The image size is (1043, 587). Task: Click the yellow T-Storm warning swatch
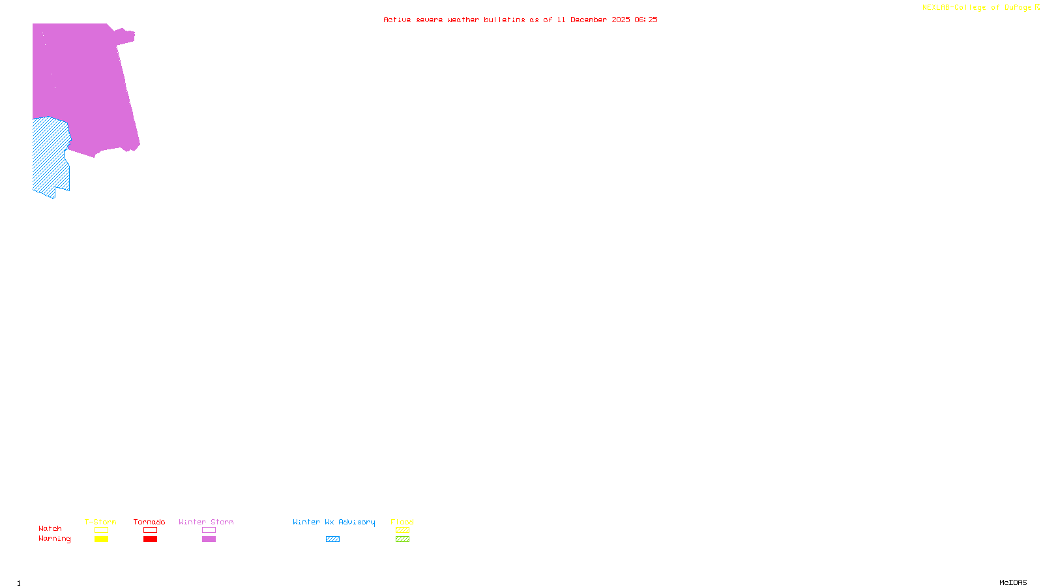tap(101, 539)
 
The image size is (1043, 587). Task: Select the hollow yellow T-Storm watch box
tap(101, 530)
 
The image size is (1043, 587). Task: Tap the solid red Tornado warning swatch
tap(150, 539)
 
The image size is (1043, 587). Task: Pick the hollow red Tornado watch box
tap(150, 530)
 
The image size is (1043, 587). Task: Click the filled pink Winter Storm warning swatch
tap(209, 539)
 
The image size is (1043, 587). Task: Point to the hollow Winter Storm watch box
tap(209, 530)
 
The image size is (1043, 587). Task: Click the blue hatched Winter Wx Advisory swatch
tap(332, 539)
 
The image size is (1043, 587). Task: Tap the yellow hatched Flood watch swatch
tap(402, 530)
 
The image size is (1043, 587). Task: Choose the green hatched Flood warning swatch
tap(402, 539)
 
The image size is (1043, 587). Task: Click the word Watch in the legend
tap(50, 529)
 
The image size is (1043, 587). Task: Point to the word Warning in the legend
tap(54, 539)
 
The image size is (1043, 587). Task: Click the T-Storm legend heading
tap(100, 522)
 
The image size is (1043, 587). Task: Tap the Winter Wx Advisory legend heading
tap(334, 522)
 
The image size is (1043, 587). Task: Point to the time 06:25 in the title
tap(645, 20)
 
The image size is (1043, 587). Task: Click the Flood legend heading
tap(402, 522)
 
